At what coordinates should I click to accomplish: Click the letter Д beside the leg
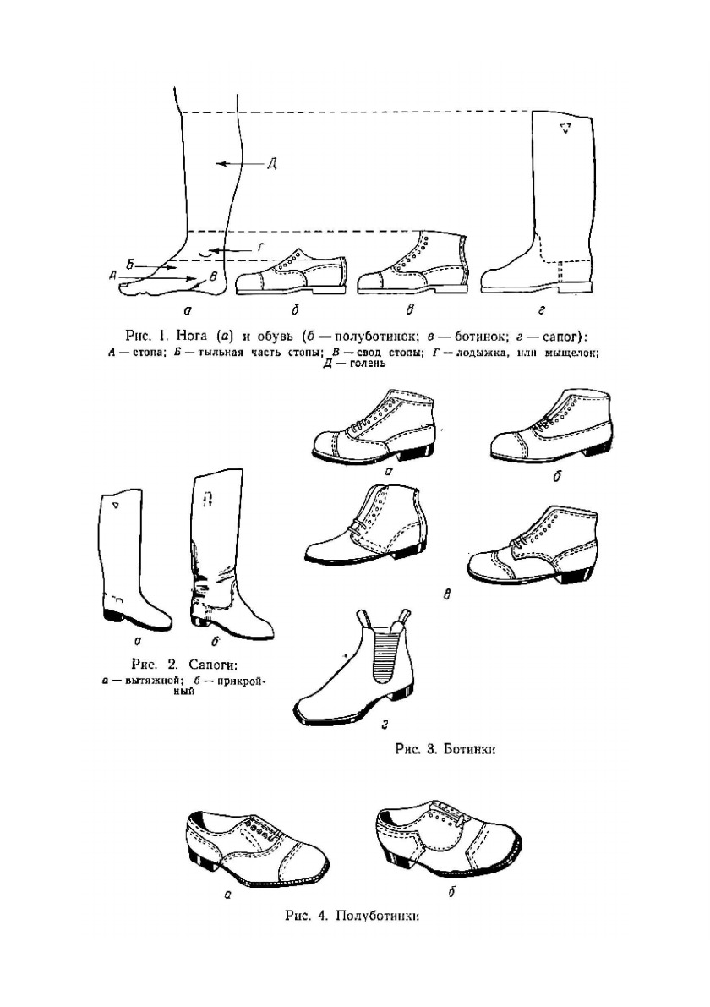(271, 164)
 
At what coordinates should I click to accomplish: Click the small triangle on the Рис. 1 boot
(565, 129)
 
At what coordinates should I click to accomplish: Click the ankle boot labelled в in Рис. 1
(411, 265)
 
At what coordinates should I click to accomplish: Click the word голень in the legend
(365, 364)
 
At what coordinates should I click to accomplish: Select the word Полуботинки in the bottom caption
(378, 917)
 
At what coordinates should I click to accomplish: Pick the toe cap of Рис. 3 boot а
(328, 444)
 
